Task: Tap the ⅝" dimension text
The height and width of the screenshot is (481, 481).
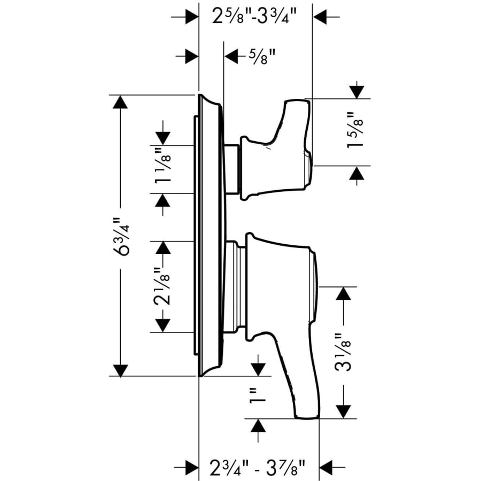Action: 261,55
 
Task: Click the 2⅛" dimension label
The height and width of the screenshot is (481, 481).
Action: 162,286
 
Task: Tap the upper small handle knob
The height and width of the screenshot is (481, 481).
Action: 278,155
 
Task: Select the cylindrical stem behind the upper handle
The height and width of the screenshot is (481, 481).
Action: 232,168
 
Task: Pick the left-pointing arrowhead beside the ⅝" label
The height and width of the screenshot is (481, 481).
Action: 231,56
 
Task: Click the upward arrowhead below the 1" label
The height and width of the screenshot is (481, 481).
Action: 258,426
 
